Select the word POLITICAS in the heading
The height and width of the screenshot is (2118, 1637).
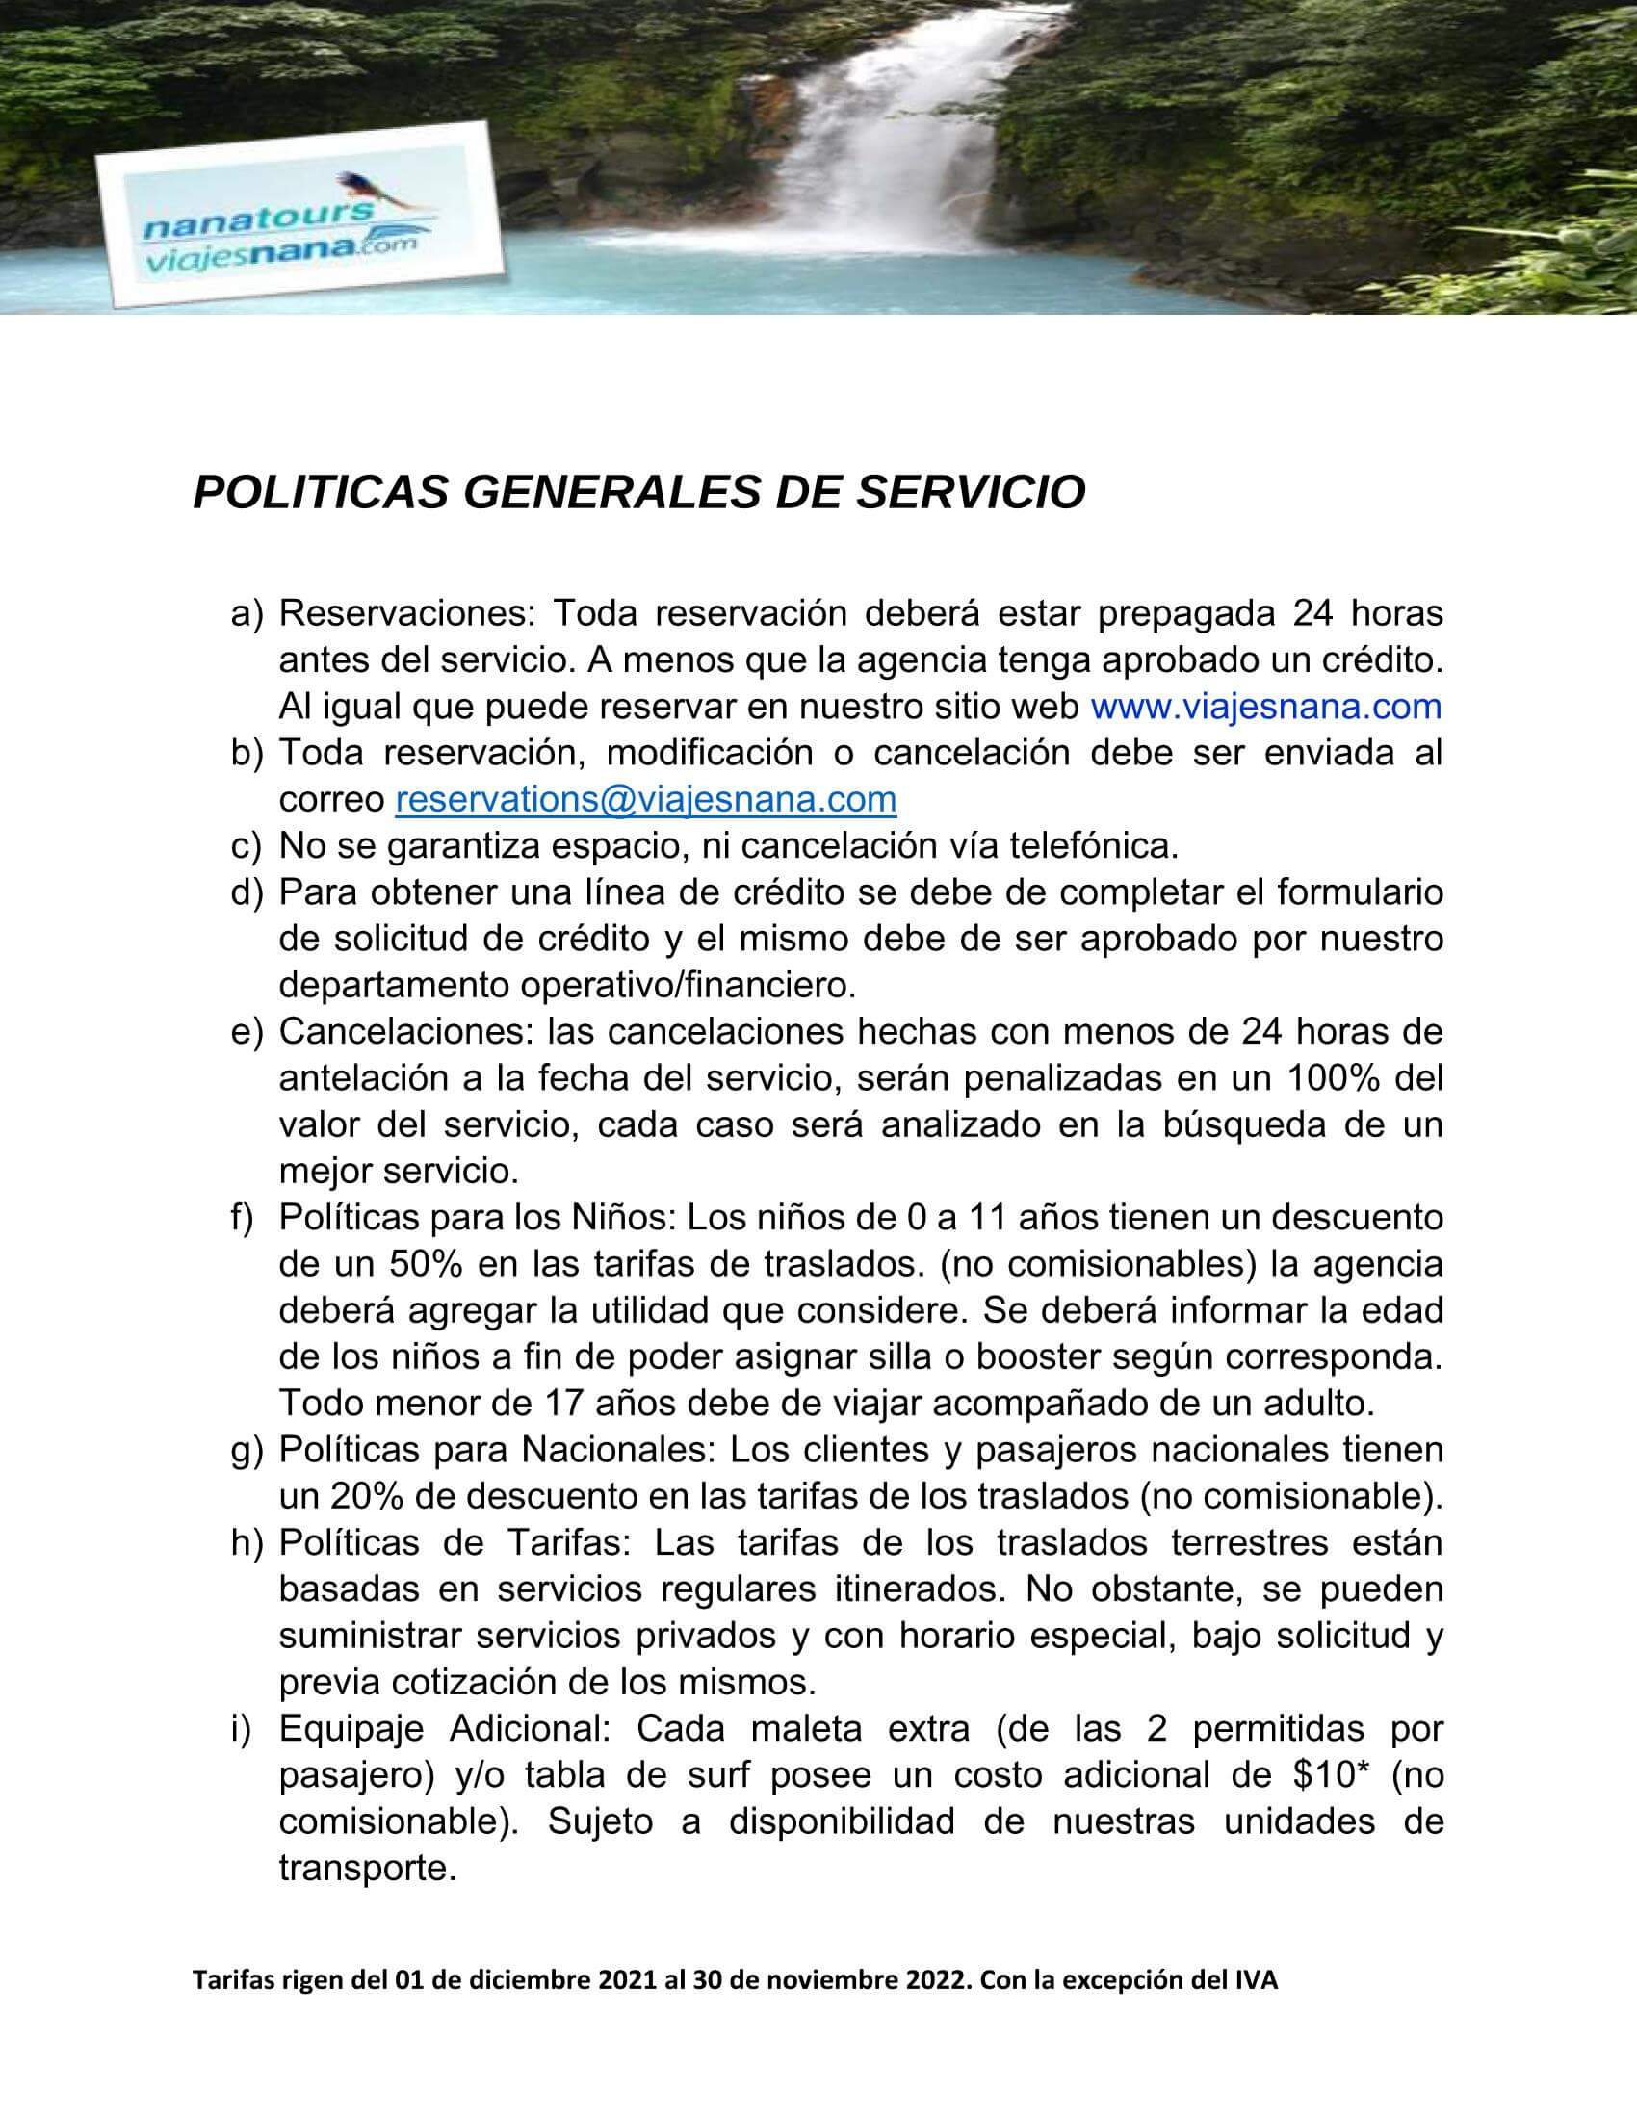[320, 493]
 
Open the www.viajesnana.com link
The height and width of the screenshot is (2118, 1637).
[1265, 706]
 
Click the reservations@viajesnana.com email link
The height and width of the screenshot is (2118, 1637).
[646, 799]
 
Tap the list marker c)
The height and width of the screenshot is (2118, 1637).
[247, 846]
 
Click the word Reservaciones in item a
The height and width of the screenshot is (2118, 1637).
[406, 614]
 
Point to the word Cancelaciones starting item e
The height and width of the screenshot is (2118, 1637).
[406, 1032]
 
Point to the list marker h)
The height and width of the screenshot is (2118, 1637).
[247, 1544]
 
